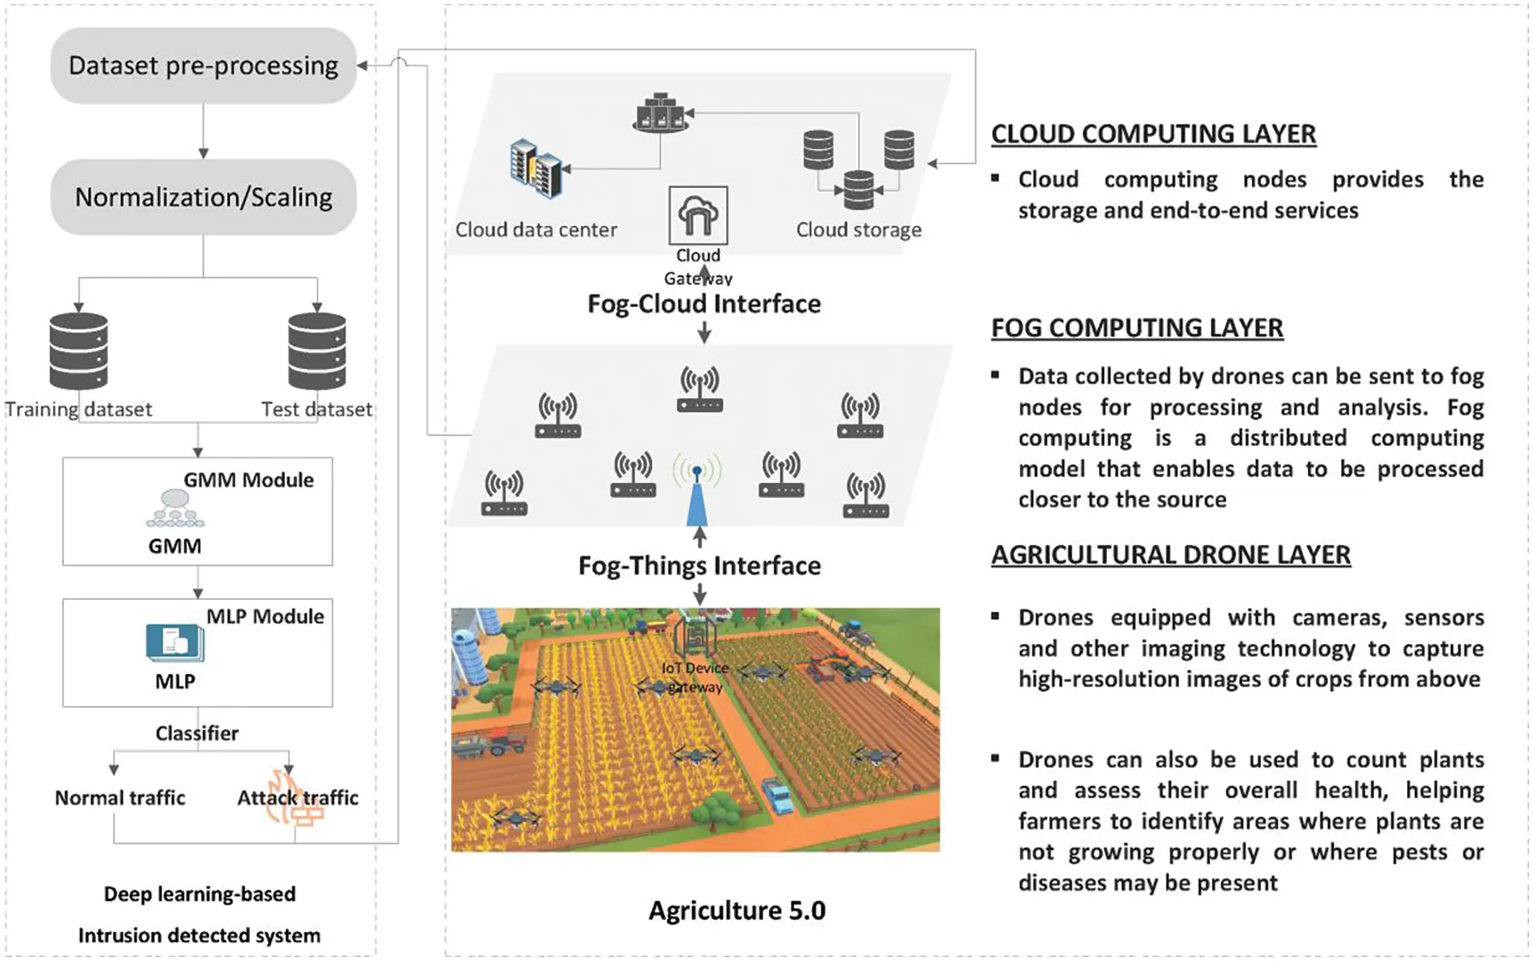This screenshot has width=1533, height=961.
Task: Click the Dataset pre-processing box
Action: coord(203,65)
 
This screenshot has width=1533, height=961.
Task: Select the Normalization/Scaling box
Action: coord(203,197)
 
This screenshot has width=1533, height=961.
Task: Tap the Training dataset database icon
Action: coord(78,351)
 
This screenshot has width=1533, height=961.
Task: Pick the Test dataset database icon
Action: coord(317,351)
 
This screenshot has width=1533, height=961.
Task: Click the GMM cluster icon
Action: coord(174,509)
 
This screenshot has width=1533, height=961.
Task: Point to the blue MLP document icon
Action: coord(174,643)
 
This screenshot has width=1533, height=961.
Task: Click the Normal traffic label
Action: coord(119,797)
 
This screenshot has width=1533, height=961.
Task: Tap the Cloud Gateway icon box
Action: coord(698,215)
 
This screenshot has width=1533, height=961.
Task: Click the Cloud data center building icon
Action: coord(536,169)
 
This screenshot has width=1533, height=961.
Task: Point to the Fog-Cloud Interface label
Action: coord(704,304)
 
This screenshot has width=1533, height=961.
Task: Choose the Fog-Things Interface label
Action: coord(700,565)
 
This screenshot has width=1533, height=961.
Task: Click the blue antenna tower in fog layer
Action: coord(697,497)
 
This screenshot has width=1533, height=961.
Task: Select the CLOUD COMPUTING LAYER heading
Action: coord(1153,134)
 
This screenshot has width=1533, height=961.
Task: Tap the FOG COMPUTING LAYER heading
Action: coord(1137,328)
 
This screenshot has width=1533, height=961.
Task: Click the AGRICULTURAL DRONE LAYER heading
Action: coord(1171,555)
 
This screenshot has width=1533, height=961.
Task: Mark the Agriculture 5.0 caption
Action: coord(737,910)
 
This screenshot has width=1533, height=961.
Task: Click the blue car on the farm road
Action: coord(779,794)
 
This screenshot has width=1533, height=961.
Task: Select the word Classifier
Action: coord(197,733)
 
